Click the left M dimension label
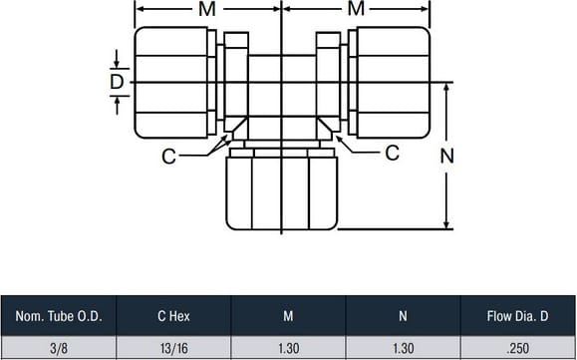(207, 9)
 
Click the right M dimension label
(356, 9)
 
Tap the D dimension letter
(117, 82)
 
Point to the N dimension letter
(447, 157)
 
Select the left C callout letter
(168, 157)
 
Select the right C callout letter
(392, 153)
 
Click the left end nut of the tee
(171, 83)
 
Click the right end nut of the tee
(394, 83)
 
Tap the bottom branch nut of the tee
(281, 193)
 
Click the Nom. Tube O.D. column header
(59, 316)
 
